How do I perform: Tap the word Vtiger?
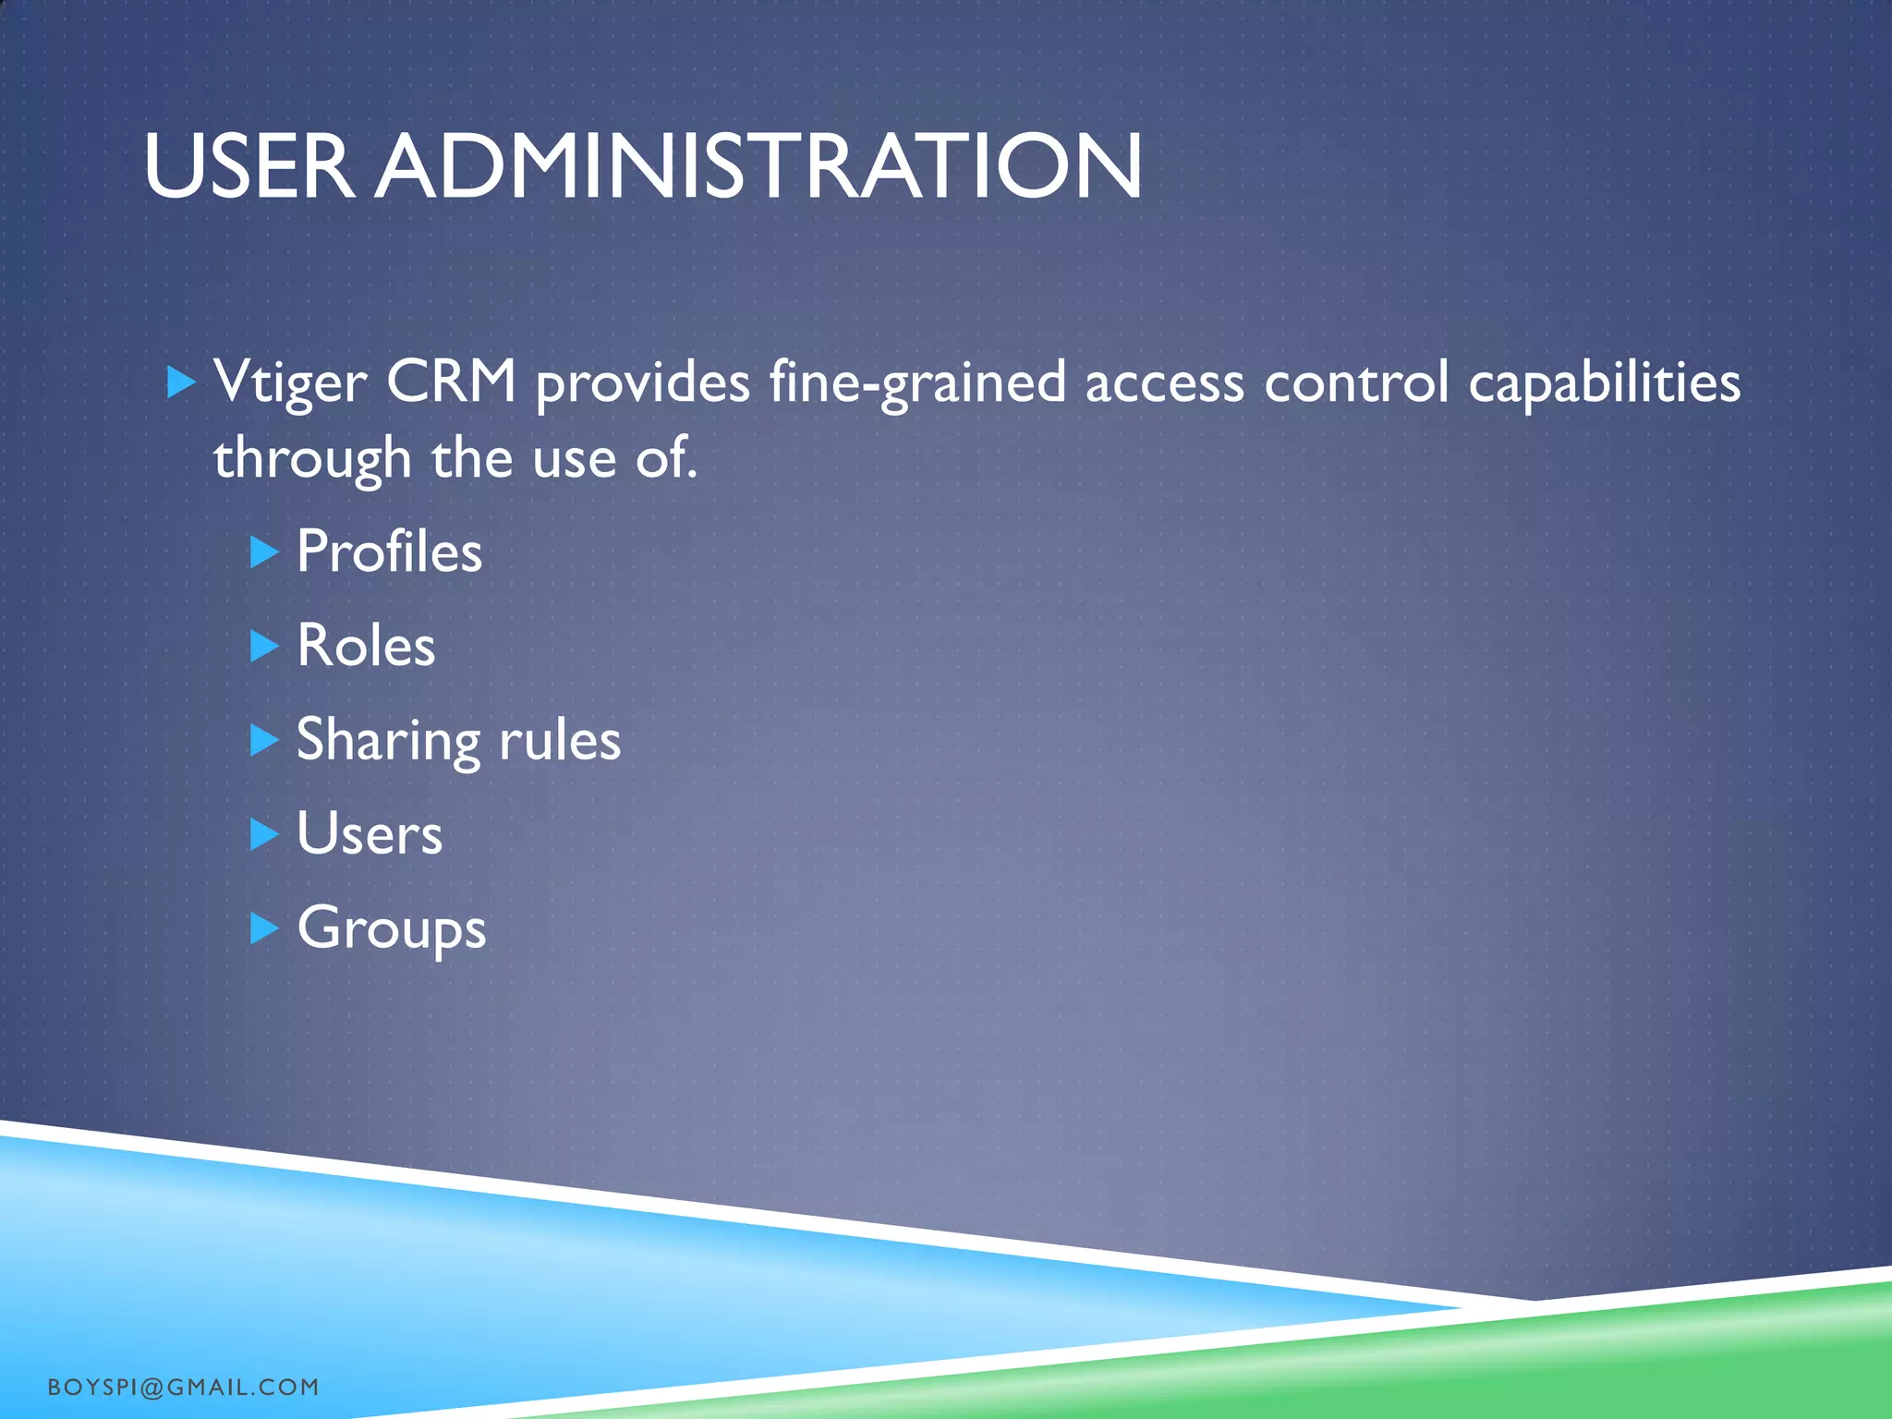point(290,382)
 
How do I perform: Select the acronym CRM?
point(451,381)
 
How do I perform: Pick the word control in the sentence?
point(1356,382)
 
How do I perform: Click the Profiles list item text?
point(389,552)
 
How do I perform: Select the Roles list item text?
point(366,646)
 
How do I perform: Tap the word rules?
point(560,740)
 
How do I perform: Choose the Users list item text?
point(370,834)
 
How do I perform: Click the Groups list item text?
point(391,929)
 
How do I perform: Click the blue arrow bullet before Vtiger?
point(181,382)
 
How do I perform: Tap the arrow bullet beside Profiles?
point(264,552)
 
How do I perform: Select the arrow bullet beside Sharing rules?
point(264,740)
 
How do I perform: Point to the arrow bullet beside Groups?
point(264,928)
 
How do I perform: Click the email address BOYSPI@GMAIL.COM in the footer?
point(183,1387)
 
